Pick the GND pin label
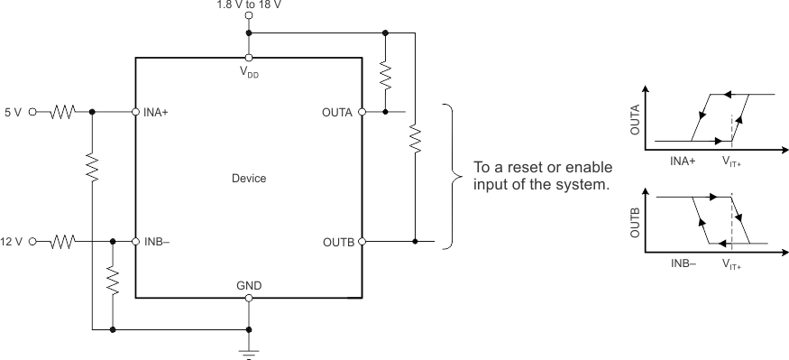[249, 285]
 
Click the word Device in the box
[248, 178]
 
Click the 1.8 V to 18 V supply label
[248, 5]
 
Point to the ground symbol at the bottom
[249, 351]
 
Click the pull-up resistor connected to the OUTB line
[415, 140]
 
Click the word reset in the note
[518, 169]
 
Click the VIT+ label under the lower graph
[733, 264]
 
